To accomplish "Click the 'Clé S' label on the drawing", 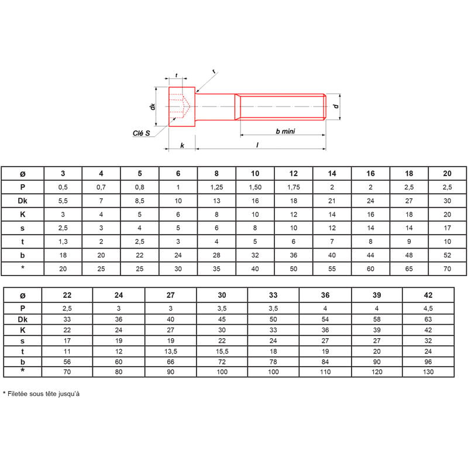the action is point(141,133).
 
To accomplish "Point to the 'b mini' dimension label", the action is point(285,131).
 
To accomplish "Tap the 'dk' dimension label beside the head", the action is point(153,106).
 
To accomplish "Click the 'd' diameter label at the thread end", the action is point(336,106).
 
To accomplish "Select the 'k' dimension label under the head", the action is point(182,145).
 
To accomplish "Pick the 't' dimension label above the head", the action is point(177,75).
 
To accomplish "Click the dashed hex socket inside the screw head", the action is point(180,106).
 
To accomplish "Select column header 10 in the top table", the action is point(255,173).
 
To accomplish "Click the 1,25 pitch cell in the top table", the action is point(216,187).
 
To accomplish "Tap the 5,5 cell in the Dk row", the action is point(63,201).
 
